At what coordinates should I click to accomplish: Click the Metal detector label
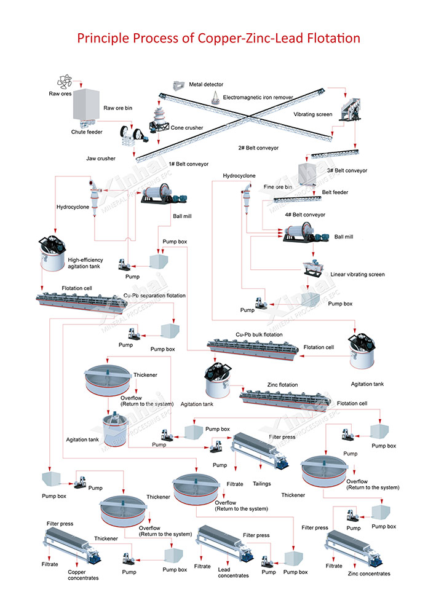(206, 84)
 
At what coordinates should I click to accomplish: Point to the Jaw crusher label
(101, 159)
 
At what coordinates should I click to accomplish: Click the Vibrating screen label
(312, 114)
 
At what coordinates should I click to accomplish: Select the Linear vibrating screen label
(357, 274)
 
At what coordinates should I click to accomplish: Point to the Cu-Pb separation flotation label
(154, 296)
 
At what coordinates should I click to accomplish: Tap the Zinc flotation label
(282, 385)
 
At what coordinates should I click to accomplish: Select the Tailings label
(261, 484)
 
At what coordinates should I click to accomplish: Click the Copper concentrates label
(82, 575)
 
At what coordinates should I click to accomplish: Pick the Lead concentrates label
(233, 572)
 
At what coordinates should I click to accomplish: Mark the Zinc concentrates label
(368, 574)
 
